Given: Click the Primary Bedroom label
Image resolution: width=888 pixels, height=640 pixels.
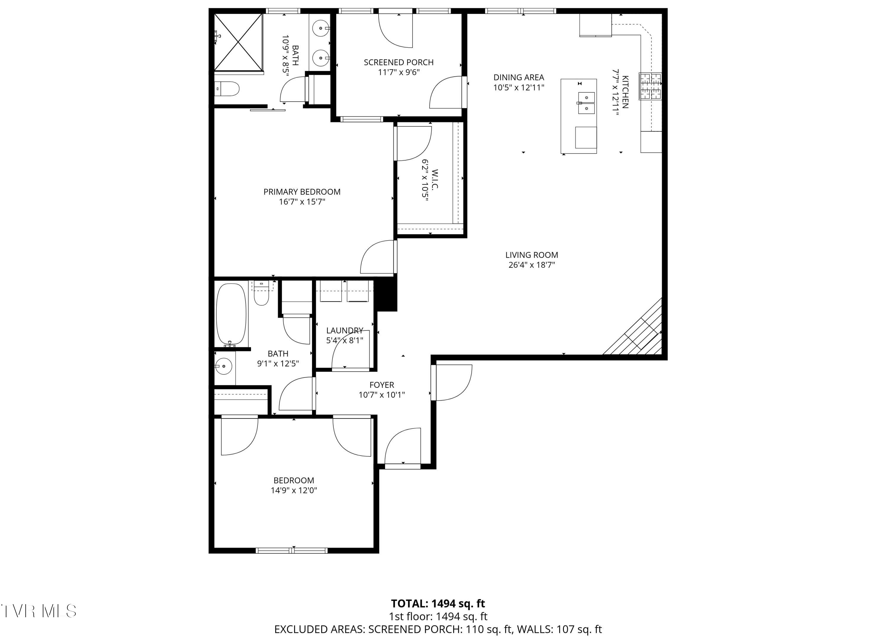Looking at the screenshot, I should click(x=302, y=192).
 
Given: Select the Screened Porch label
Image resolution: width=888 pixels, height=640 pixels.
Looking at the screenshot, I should click(x=399, y=62).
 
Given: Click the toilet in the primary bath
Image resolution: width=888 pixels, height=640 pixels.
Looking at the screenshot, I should click(x=227, y=89).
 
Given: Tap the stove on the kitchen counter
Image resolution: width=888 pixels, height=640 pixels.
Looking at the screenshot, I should click(x=650, y=86).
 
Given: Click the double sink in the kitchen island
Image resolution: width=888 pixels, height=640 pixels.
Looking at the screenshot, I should click(x=586, y=103).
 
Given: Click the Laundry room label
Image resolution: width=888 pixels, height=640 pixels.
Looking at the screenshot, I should click(x=345, y=331).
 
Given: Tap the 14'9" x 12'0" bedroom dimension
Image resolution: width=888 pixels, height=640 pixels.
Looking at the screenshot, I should click(x=294, y=491).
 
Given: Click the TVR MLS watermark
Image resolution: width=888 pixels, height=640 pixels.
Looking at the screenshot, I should click(x=38, y=611).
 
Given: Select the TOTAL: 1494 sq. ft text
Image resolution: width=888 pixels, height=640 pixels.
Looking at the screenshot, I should click(x=438, y=604).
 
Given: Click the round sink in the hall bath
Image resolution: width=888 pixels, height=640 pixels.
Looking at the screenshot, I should click(x=223, y=366).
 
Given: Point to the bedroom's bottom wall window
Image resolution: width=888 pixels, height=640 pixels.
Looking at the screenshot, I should click(x=292, y=550).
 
